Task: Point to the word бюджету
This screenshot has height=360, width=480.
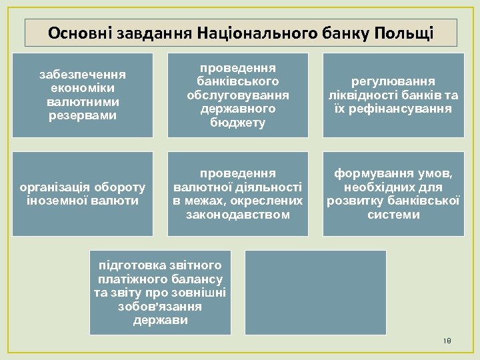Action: pyautogui.click(x=237, y=123)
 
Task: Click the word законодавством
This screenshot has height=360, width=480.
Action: pyautogui.click(x=238, y=215)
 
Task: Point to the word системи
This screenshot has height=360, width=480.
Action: pyautogui.click(x=393, y=215)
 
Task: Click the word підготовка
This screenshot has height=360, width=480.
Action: pyautogui.click(x=131, y=265)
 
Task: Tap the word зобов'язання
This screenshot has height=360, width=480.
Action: pyautogui.click(x=159, y=307)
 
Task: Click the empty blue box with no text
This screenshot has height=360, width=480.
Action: pyautogui.click(x=315, y=292)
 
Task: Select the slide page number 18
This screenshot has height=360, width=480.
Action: pyautogui.click(x=447, y=341)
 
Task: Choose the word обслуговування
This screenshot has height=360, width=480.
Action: pyautogui.click(x=237, y=95)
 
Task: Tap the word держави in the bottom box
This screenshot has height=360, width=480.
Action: pyautogui.click(x=160, y=320)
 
